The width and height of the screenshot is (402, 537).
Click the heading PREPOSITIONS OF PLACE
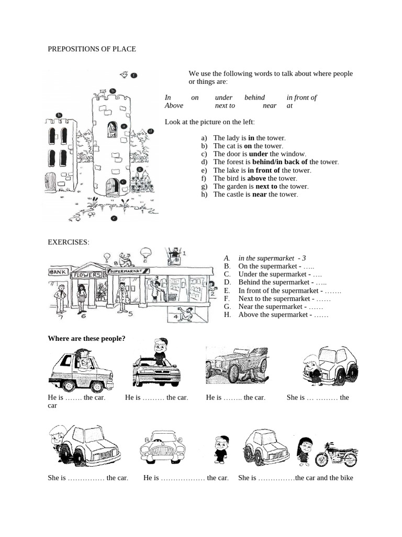pyautogui.click(x=92, y=49)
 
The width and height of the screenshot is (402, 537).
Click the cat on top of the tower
pyautogui.click(x=101, y=92)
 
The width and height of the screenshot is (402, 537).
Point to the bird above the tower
pyautogui.click(x=124, y=75)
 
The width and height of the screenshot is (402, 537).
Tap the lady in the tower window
pyautogui.click(x=112, y=130)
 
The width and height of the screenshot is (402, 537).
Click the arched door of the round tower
pyautogui.click(x=112, y=186)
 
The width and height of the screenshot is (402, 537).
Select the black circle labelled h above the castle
pyautogui.click(x=59, y=115)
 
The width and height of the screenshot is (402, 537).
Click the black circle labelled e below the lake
pyautogui.click(x=114, y=218)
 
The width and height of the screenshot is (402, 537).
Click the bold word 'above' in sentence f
pyautogui.click(x=256, y=178)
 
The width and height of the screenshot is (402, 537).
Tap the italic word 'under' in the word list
pyautogui.click(x=224, y=98)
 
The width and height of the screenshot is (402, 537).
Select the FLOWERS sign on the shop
pyautogui.click(x=87, y=275)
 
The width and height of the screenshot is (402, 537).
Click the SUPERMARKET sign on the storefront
pyautogui.click(x=126, y=272)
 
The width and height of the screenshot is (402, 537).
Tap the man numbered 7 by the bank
pyautogui.click(x=60, y=298)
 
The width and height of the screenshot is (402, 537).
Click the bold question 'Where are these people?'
pyautogui.click(x=86, y=338)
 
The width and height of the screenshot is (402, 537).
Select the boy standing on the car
pyautogui.click(x=159, y=350)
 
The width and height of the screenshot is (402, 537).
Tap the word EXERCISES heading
pyautogui.click(x=69, y=242)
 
